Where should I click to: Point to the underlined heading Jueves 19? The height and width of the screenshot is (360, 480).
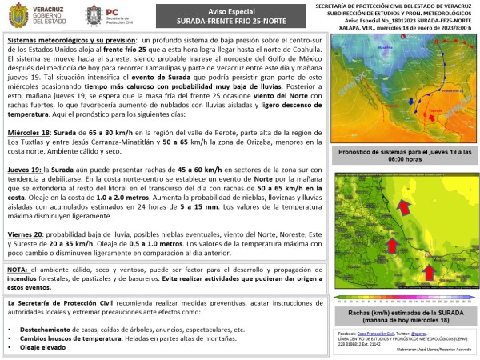coord(26,170)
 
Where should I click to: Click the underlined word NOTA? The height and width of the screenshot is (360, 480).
coord(17,270)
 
